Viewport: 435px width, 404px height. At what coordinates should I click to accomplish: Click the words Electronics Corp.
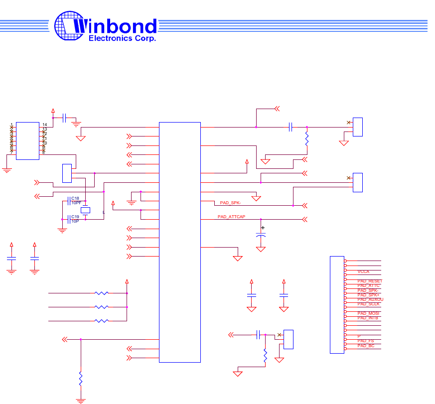[x=122, y=38]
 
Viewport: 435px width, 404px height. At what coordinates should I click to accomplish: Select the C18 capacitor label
[x=75, y=198]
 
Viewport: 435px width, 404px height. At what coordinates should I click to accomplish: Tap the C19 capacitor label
[x=75, y=217]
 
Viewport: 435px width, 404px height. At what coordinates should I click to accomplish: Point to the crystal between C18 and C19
[x=86, y=210]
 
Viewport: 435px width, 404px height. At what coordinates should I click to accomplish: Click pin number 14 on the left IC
[x=44, y=125]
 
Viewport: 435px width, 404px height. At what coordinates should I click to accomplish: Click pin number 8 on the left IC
[x=43, y=152]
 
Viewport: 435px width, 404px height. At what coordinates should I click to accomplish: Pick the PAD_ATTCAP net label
[x=231, y=217]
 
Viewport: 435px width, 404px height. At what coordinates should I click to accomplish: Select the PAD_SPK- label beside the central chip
[x=230, y=203]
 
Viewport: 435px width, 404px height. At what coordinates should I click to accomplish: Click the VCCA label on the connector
[x=363, y=271]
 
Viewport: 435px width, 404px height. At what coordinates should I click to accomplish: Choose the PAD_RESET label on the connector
[x=369, y=281]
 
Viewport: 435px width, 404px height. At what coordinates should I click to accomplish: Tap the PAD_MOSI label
[x=368, y=313]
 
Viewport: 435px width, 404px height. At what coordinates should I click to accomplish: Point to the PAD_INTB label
[x=368, y=318]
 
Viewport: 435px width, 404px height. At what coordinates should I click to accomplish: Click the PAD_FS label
[x=366, y=341]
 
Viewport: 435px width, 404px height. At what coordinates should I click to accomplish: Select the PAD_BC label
[x=366, y=345]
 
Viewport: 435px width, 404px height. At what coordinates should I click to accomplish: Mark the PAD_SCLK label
[x=368, y=304]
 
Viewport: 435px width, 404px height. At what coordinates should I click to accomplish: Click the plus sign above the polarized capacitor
[x=263, y=228]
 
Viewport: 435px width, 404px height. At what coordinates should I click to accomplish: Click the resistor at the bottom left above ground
[x=81, y=379]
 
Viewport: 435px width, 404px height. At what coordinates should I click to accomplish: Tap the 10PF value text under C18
[x=76, y=203]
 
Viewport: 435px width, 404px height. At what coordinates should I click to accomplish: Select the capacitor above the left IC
[x=64, y=118]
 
